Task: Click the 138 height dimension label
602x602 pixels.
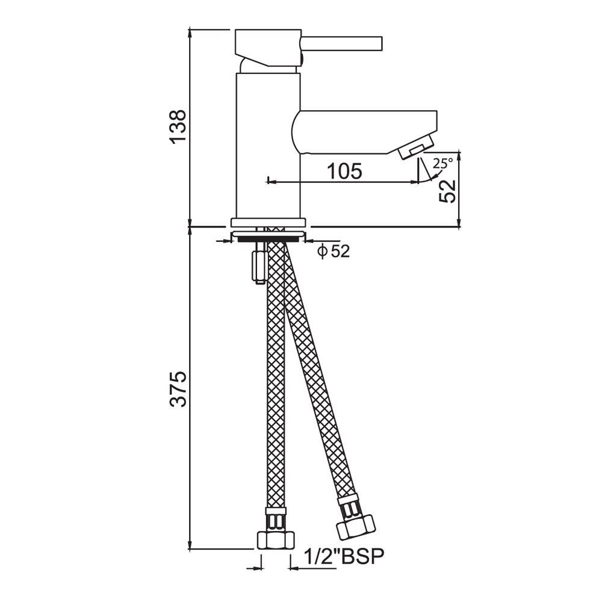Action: [178, 127]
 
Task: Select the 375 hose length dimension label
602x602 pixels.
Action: [178, 388]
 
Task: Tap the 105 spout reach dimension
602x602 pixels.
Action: [344, 171]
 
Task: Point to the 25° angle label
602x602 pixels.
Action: [442, 164]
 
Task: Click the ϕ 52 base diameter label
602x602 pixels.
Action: [334, 252]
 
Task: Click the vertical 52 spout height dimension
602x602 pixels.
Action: [448, 191]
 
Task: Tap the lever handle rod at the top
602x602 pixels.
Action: [342, 43]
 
